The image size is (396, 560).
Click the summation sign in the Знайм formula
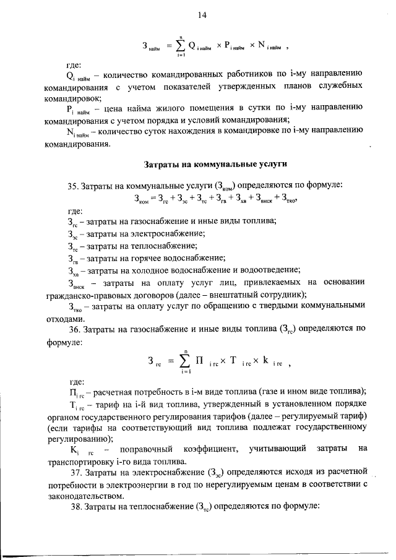tap(179, 46)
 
